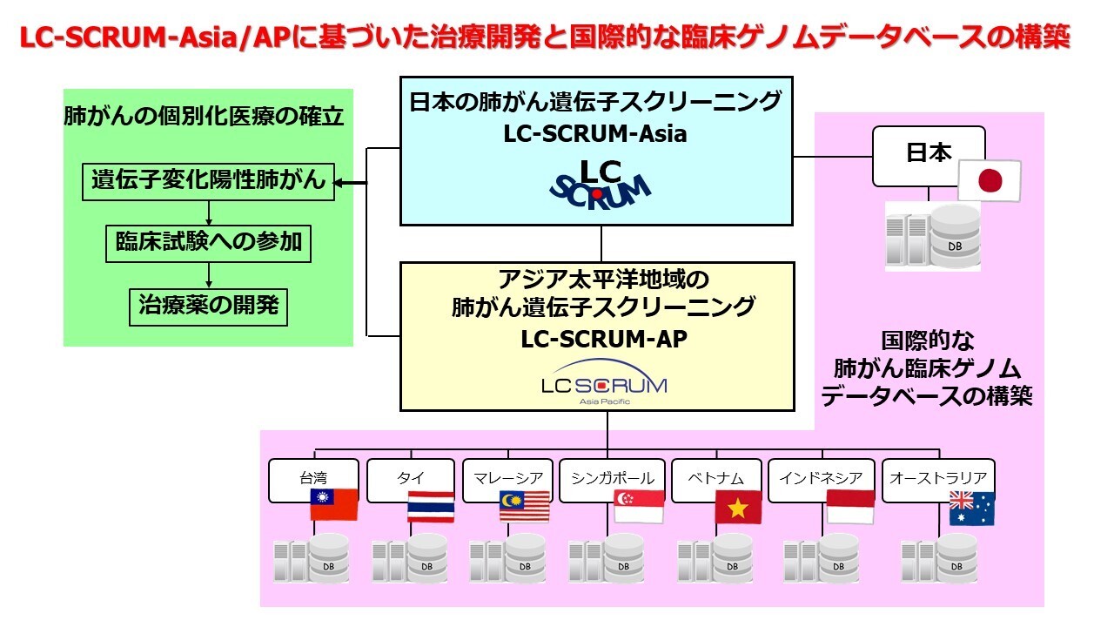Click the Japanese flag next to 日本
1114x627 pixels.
click(989, 180)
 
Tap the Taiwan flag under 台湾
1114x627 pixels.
click(334, 504)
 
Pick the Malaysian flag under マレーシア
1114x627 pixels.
click(525, 506)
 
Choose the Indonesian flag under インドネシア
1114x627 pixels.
click(850, 506)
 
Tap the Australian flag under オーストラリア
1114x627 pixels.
click(971, 508)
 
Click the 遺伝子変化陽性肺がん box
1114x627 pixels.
click(208, 182)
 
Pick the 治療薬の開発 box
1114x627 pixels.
click(208, 306)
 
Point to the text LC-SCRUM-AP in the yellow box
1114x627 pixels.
click(603, 339)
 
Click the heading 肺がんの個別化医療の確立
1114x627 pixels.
click(204, 116)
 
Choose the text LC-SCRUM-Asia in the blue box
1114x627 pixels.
click(595, 134)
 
